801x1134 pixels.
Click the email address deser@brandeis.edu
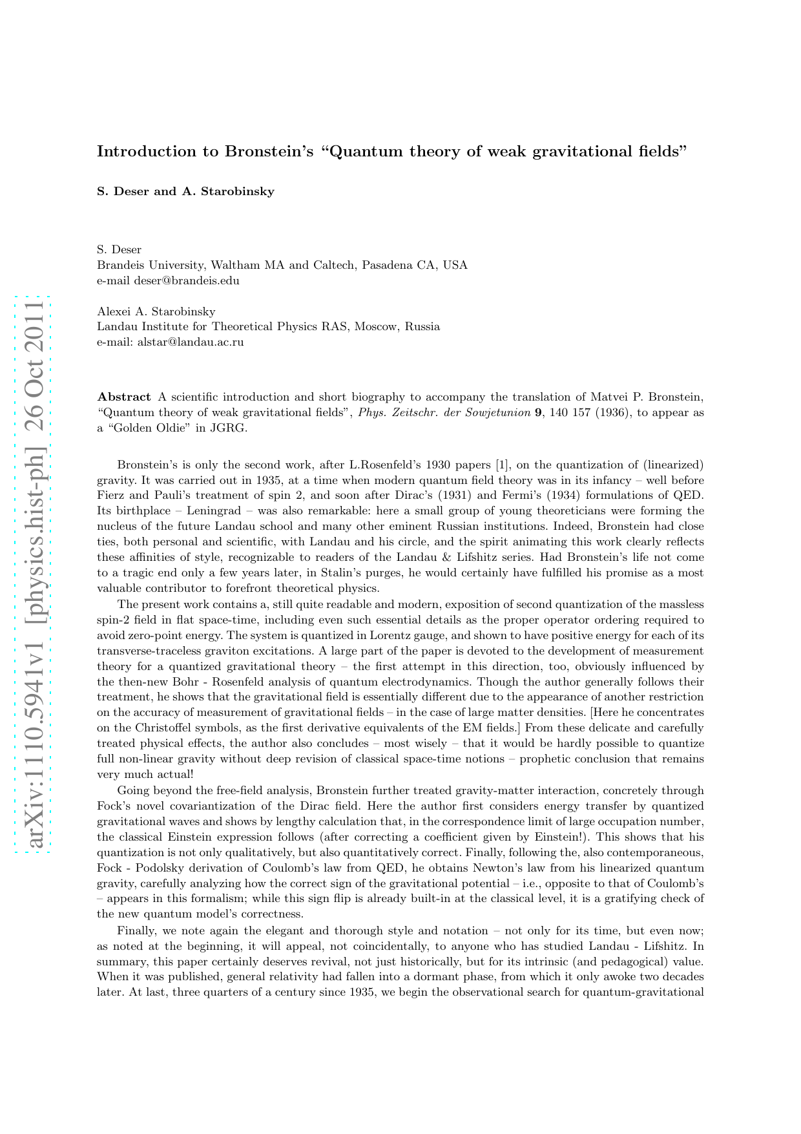click(187, 280)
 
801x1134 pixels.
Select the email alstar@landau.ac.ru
click(191, 342)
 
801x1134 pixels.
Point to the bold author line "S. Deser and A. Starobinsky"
click(185, 191)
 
